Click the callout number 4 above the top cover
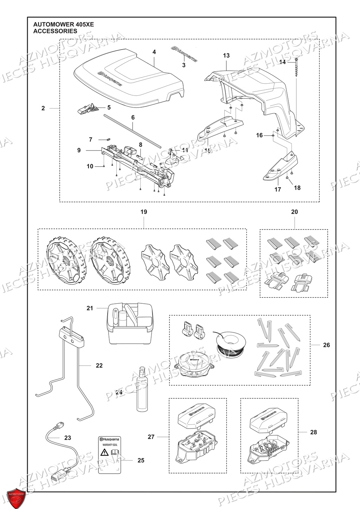click(x=154, y=52)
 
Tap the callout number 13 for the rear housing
click(x=226, y=55)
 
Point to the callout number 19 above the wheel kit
click(x=143, y=212)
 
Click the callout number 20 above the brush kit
click(x=294, y=212)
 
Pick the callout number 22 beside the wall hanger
click(x=99, y=366)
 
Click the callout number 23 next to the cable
click(x=67, y=438)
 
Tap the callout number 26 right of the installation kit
click(x=326, y=345)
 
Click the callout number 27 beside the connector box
click(x=151, y=437)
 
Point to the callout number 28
click(x=313, y=432)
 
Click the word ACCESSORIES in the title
click(x=55, y=31)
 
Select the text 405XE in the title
click(x=84, y=24)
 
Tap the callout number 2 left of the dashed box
click(x=43, y=108)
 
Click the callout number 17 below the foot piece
click(x=278, y=189)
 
